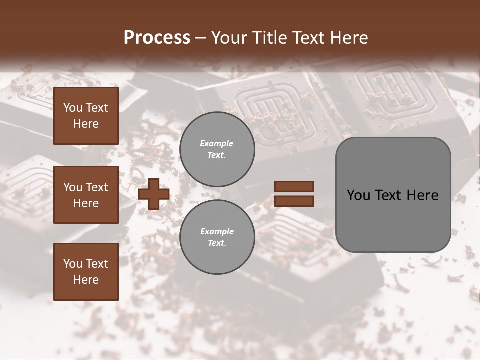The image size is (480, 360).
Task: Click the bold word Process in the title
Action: click(x=157, y=37)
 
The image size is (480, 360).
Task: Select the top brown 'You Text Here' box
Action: click(x=86, y=116)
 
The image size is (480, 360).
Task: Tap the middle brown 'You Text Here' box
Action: click(x=86, y=195)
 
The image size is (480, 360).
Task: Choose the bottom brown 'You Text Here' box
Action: click(x=86, y=272)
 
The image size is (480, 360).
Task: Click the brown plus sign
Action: click(x=154, y=194)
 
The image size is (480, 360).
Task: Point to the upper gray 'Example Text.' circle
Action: click(x=217, y=149)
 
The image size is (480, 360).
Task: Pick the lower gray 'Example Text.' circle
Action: click(x=217, y=237)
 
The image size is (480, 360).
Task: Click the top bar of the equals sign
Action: click(x=294, y=187)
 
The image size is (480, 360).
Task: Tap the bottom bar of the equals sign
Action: click(x=294, y=201)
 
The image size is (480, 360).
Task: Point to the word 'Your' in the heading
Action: click(x=229, y=37)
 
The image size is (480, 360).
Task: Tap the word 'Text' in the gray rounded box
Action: click(x=393, y=195)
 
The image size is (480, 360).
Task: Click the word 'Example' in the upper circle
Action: click(x=217, y=143)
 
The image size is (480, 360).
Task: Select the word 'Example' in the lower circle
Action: click(x=217, y=231)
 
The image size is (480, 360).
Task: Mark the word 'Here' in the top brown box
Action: click(x=86, y=124)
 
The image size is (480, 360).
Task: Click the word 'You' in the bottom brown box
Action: click(x=73, y=264)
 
